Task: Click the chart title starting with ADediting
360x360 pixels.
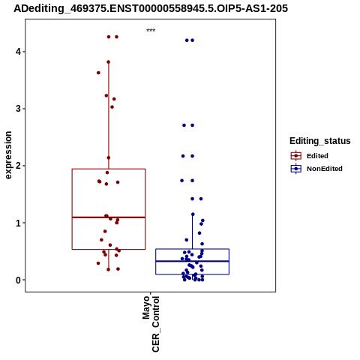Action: tap(151, 8)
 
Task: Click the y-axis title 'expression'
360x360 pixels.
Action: tap(8, 155)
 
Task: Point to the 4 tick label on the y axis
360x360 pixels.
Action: tap(18, 52)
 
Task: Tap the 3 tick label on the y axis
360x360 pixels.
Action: tap(18, 109)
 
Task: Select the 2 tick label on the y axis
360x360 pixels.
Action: tap(18, 166)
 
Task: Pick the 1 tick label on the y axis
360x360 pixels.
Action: tap(18, 223)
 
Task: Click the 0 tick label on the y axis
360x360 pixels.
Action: tap(18, 280)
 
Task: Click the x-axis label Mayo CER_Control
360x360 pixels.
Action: tap(151, 324)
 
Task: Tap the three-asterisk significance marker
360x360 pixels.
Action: tap(151, 31)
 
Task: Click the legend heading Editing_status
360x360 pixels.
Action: tap(320, 141)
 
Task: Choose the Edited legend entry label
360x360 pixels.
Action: tap(317, 156)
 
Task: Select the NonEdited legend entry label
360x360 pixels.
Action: tap(325, 169)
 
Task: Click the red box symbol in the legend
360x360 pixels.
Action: tap(296, 156)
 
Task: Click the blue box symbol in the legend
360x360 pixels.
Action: tap(296, 169)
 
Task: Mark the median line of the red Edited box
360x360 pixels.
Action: tap(109, 217)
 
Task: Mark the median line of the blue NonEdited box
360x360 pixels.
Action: tap(193, 261)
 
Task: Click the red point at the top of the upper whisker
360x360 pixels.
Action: tap(109, 62)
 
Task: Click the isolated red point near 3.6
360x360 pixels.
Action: tap(98, 73)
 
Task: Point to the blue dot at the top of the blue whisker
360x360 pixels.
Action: tap(193, 214)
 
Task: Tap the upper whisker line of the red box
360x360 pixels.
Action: tap(109, 115)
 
